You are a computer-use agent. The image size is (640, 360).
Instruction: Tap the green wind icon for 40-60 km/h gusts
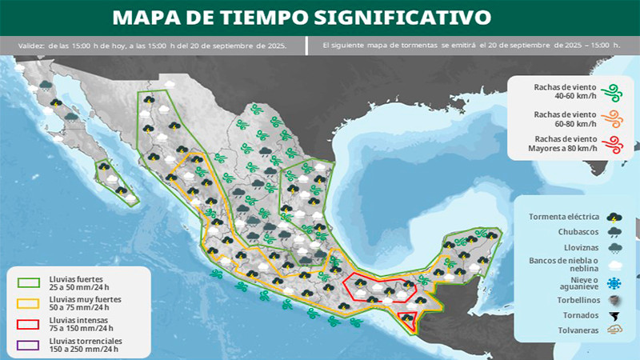tap(614, 91)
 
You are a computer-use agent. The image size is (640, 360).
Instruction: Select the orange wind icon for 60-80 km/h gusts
tap(614, 118)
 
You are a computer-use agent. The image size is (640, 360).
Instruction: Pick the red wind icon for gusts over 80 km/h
tap(614, 145)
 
